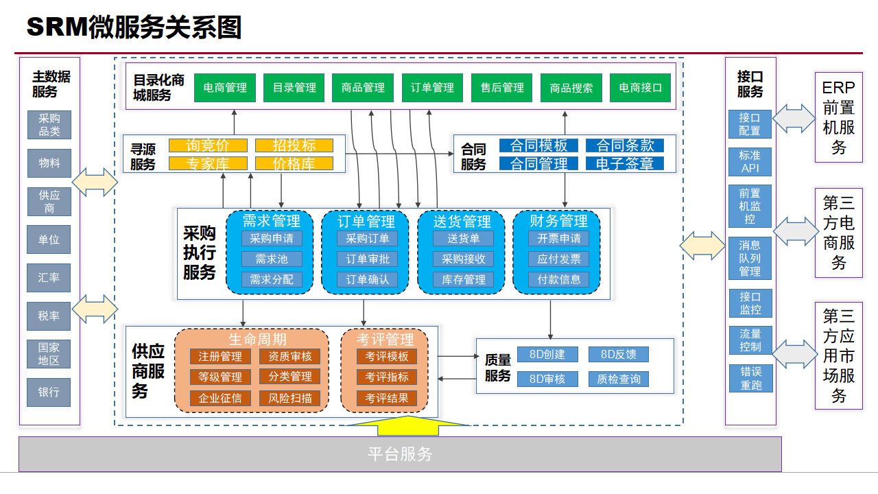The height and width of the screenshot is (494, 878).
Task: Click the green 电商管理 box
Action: [x=225, y=88]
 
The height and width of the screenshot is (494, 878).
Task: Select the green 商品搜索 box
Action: [x=571, y=88]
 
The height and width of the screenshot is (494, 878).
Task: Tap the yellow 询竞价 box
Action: [x=208, y=145]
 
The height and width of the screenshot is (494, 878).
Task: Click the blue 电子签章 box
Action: [x=624, y=163]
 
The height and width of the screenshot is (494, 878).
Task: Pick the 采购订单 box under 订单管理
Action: [x=367, y=239]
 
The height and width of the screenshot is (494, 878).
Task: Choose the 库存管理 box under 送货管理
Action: [x=463, y=279]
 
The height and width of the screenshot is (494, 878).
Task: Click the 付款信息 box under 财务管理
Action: [x=558, y=279]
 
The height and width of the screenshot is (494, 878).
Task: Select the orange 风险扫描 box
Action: [x=289, y=398]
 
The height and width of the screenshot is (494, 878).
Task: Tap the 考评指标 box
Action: [x=386, y=377]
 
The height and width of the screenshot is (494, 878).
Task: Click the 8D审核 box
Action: [x=547, y=379]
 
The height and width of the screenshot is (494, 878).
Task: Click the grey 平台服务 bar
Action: [x=400, y=454]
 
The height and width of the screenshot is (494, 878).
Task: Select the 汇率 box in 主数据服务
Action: [x=49, y=278]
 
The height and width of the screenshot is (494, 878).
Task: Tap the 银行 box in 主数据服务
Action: [x=49, y=392]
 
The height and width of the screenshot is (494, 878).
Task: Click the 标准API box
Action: [x=750, y=162]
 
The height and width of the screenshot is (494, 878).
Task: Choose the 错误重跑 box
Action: [x=750, y=378]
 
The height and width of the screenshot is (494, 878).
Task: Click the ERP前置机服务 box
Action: [x=838, y=117]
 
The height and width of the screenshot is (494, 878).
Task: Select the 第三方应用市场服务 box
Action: [x=838, y=355]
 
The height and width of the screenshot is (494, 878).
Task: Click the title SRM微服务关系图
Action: [x=134, y=28]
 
